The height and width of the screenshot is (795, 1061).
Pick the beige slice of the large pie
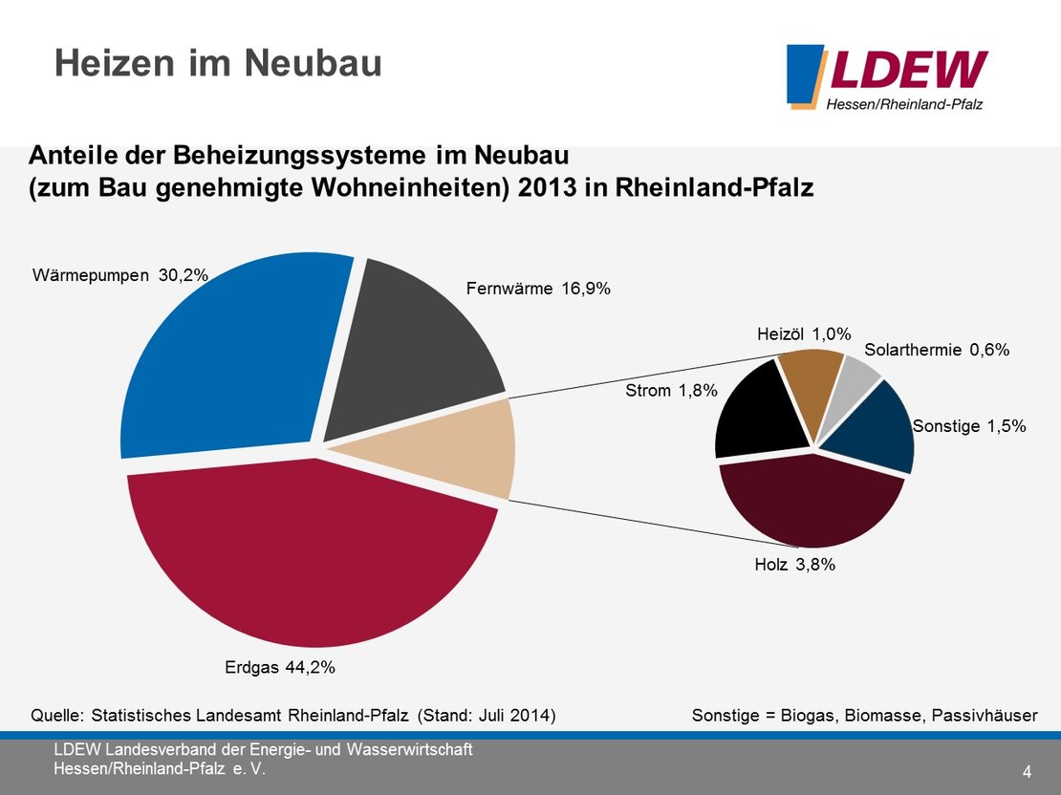point(459,449)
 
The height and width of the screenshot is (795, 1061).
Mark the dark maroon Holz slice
point(808,506)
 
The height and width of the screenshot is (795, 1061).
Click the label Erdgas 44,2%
point(279,668)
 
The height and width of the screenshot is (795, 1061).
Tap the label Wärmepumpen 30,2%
point(120,276)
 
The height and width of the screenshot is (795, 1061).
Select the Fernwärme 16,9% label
point(537,288)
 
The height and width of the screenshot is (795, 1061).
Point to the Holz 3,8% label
point(794,565)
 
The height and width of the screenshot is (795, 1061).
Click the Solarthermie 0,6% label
point(937,350)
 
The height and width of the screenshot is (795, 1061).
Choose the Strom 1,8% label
point(671,390)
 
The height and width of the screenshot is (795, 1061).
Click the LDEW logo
point(886,76)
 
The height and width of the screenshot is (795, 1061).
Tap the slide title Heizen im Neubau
point(218,63)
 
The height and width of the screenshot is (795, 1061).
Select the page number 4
point(1027,771)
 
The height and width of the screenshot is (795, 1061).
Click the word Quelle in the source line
point(58,715)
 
